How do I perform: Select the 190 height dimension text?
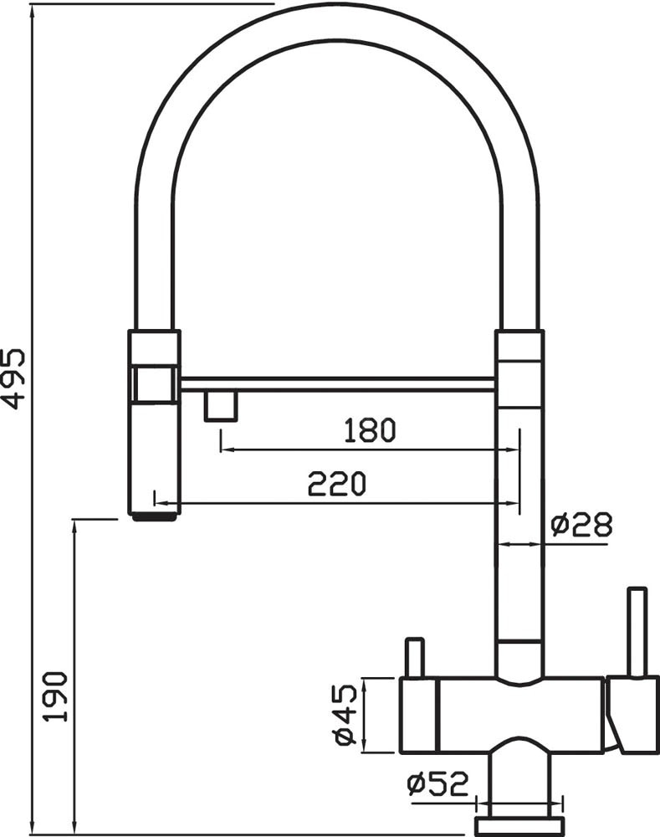point(56,696)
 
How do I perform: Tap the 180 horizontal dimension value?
point(370,430)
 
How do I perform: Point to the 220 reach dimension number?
point(337,484)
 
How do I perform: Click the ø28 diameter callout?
point(581,524)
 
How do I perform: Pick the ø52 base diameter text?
point(437,783)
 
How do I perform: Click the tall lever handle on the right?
point(637,633)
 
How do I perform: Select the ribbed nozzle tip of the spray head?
point(154,516)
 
